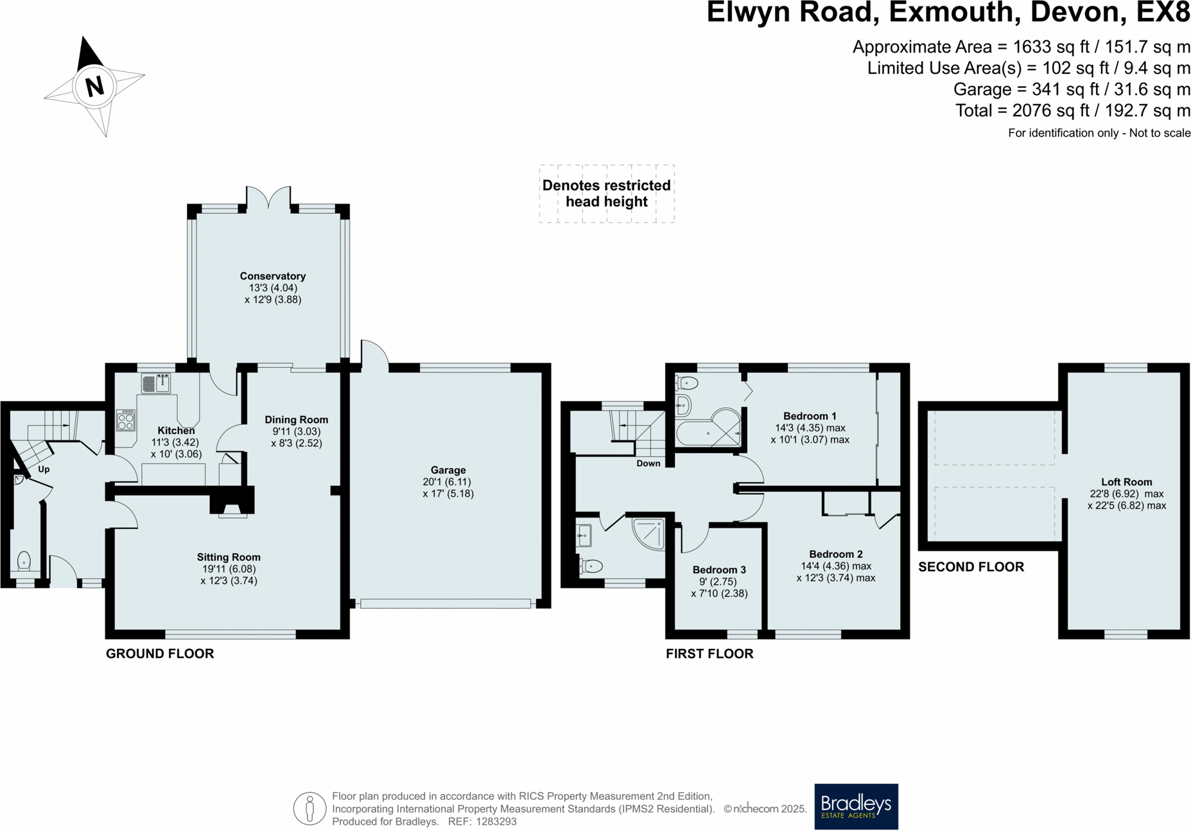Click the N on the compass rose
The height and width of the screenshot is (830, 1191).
pyautogui.click(x=94, y=86)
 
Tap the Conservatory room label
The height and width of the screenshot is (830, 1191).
pyautogui.click(x=272, y=276)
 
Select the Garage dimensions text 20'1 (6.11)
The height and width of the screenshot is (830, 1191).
pyautogui.click(x=447, y=482)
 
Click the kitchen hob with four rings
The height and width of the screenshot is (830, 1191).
pyautogui.click(x=126, y=420)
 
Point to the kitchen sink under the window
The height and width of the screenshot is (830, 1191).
pyautogui.click(x=156, y=383)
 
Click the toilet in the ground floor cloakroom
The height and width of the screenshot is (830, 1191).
pyautogui.click(x=24, y=560)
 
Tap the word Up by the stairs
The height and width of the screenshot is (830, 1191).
pyautogui.click(x=44, y=469)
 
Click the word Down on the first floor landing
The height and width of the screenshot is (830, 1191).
pyautogui.click(x=648, y=463)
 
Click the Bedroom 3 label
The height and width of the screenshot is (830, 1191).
pyautogui.click(x=719, y=569)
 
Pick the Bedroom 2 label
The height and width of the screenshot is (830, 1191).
pyautogui.click(x=835, y=554)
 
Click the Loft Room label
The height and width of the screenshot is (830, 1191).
pyautogui.click(x=1126, y=482)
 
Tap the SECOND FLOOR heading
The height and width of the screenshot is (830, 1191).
pyautogui.click(x=971, y=567)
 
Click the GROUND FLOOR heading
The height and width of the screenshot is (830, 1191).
pyautogui.click(x=160, y=653)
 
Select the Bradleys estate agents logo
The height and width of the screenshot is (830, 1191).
pyautogui.click(x=856, y=806)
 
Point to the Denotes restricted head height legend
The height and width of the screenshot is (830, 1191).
pyautogui.click(x=606, y=193)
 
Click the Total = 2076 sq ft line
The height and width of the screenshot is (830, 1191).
pyautogui.click(x=1072, y=110)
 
